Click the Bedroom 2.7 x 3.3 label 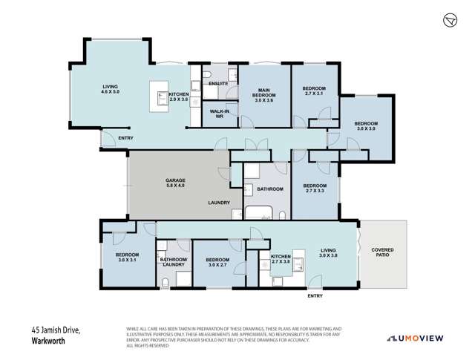coord(315,189)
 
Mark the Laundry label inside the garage coord(218,203)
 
